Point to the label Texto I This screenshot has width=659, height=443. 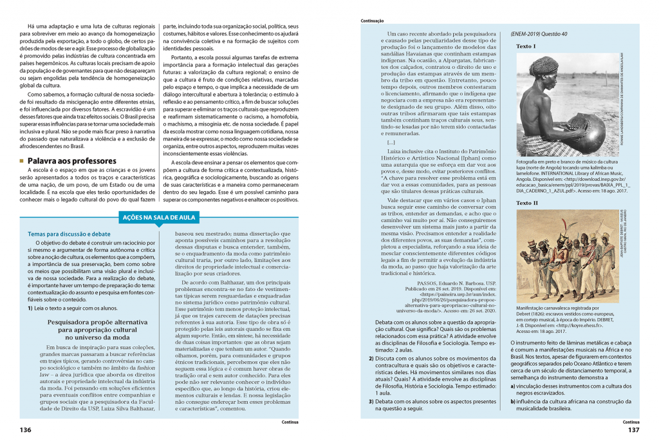point(525,46)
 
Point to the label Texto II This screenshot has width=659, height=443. point(526,203)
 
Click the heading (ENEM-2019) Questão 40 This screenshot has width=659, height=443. point(539,33)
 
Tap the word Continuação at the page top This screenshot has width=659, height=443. point(373,21)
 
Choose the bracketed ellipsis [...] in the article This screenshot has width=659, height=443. point(391,142)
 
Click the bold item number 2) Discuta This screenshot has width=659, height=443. point(371,358)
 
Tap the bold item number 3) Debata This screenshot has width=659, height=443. point(371,401)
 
